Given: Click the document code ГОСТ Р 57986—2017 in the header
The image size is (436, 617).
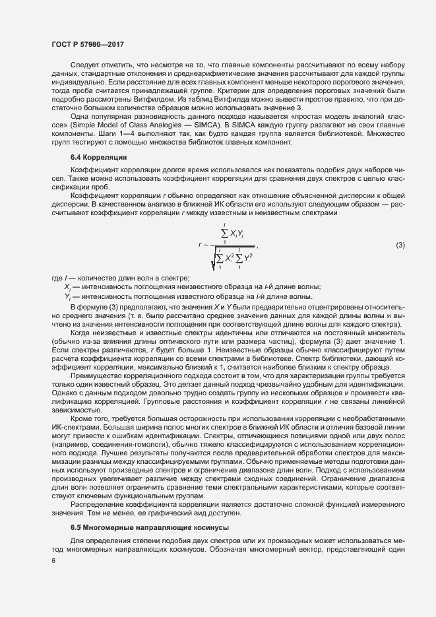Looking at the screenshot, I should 88,44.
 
